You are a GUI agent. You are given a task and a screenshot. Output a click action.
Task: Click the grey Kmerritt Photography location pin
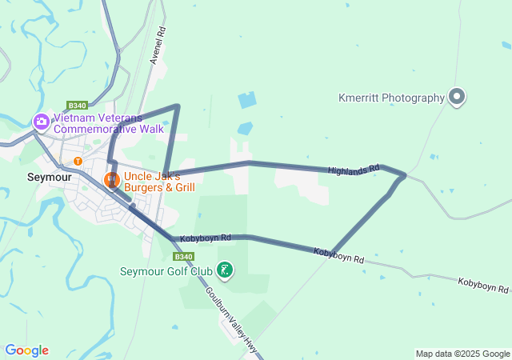457,97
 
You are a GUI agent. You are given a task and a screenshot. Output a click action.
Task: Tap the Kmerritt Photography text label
390,98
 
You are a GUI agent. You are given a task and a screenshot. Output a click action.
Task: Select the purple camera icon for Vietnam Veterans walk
41,122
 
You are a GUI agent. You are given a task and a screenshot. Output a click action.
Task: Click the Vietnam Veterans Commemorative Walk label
108,122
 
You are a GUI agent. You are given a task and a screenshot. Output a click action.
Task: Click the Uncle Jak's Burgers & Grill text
158,182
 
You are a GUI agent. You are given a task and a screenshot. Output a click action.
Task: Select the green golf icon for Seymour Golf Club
226,270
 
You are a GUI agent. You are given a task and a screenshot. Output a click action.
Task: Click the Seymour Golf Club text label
166,271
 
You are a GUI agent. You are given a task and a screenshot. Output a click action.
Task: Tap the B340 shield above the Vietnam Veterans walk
77,106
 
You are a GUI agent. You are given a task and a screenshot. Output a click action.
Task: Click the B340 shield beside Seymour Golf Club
183,256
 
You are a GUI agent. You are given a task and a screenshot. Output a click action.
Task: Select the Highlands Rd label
351,170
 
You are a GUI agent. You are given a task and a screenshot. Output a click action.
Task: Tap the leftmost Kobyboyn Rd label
205,238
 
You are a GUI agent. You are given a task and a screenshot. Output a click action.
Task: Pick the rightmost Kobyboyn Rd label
483,284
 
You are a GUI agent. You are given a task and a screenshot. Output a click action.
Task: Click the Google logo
26,350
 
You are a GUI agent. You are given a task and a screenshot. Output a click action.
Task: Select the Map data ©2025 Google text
462,354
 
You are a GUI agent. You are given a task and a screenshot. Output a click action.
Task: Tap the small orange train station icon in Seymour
78,161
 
